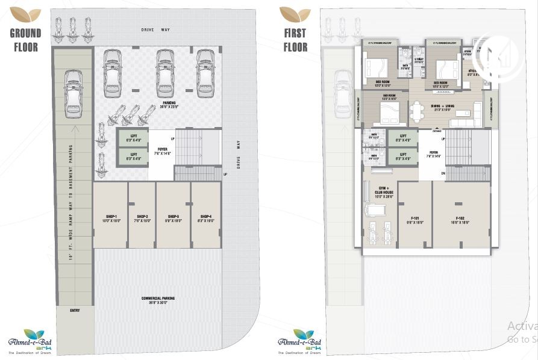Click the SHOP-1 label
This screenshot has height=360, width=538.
tap(110, 216)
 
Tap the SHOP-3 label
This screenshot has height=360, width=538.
tap(174, 216)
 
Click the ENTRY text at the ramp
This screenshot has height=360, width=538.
tap(74, 311)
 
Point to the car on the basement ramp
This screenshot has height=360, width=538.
tap(73, 92)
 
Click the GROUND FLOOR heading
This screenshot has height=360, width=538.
tap(25, 40)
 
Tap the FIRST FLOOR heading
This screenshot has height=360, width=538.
tap(295, 40)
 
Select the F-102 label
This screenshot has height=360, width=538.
tap(460, 219)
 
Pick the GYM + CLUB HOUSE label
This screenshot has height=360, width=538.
tap(380, 191)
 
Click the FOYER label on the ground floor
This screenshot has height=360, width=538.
tap(163, 151)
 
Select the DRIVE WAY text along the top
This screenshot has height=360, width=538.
tap(157, 29)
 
